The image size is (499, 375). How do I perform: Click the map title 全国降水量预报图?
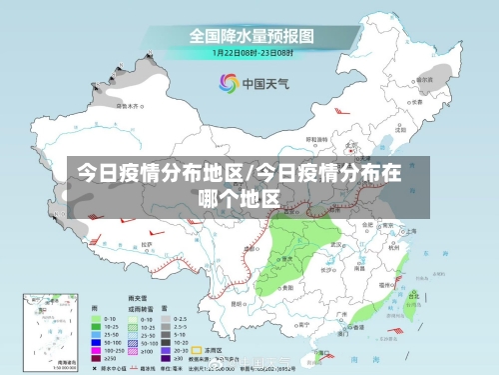(x=251, y=36)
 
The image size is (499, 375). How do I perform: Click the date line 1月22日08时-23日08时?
(x=251, y=52)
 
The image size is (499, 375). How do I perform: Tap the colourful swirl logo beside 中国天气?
(x=228, y=83)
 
